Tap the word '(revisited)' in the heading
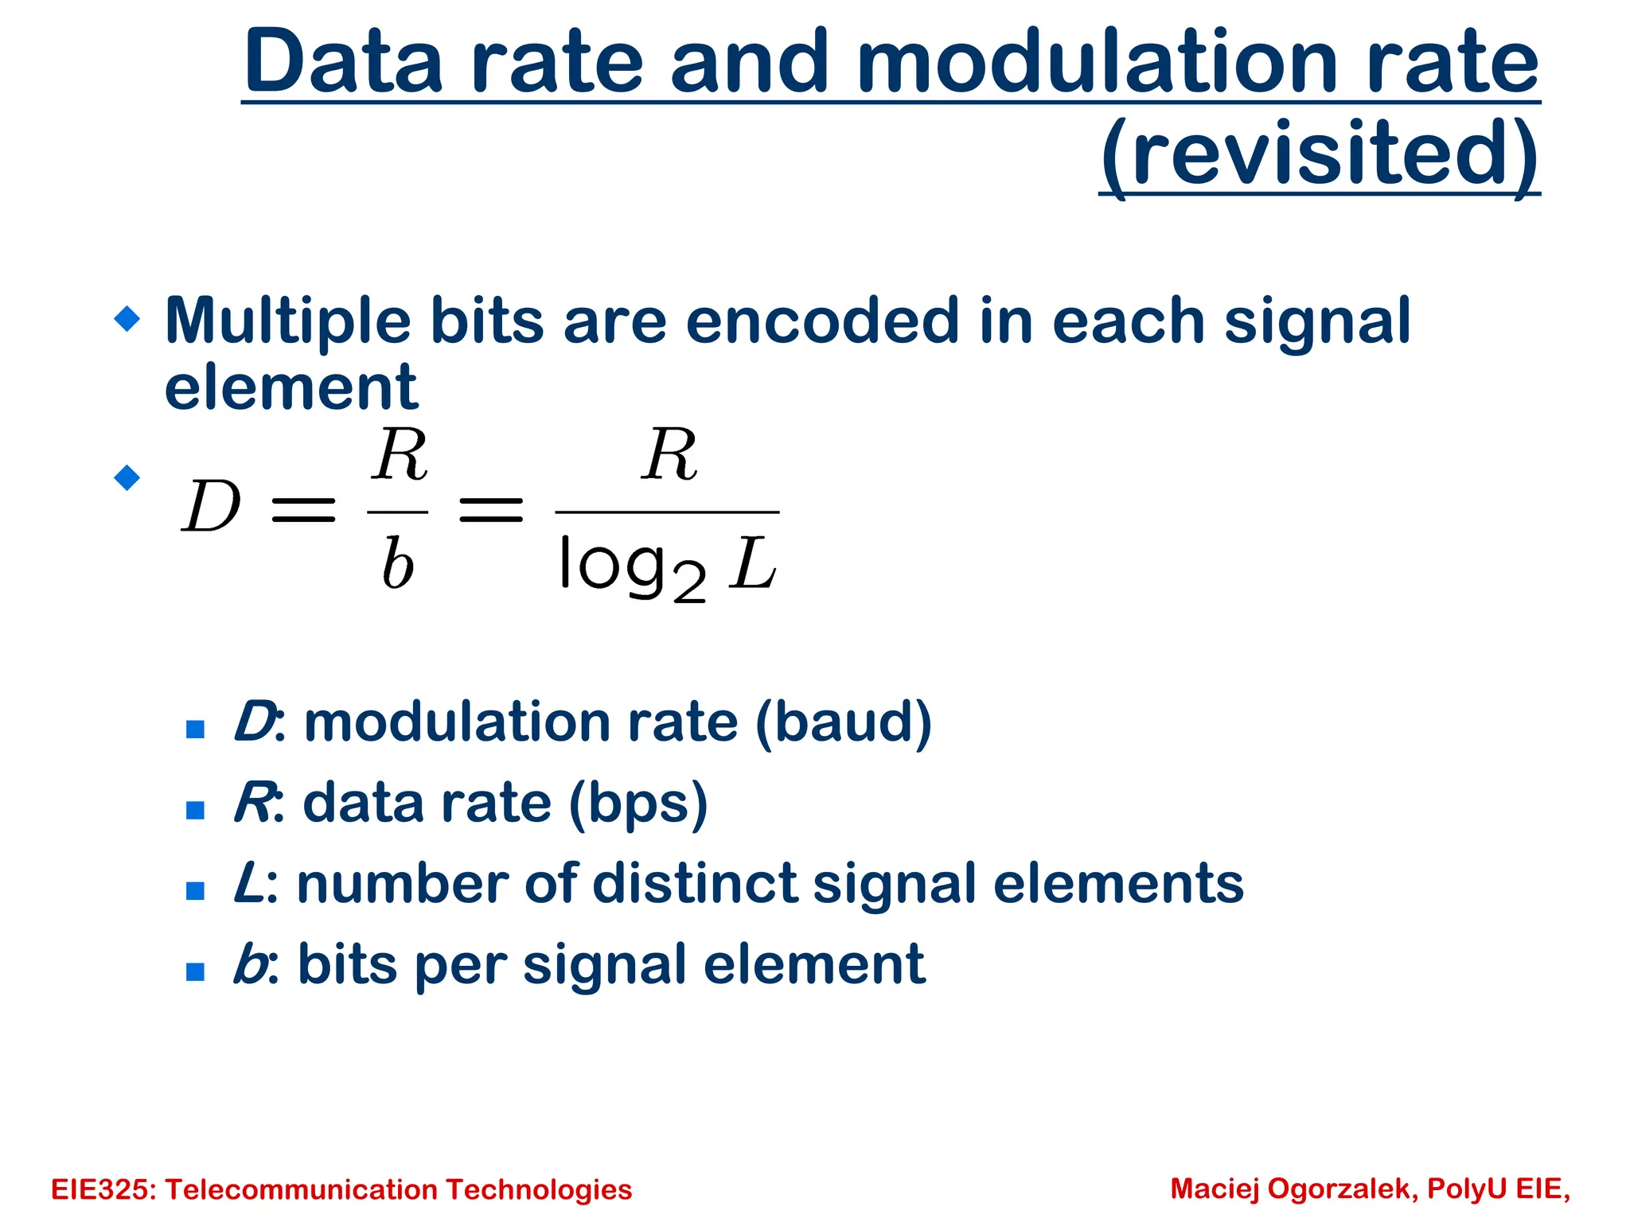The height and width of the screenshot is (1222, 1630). [x=1320, y=153]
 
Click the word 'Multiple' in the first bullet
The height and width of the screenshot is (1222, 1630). [x=287, y=322]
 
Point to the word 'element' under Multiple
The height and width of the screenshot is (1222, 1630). [x=291, y=387]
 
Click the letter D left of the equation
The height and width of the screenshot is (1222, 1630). [x=211, y=507]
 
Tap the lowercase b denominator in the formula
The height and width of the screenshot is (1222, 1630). [x=397, y=563]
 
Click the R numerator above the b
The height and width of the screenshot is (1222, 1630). [x=400, y=455]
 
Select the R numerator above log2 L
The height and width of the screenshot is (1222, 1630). [x=669, y=455]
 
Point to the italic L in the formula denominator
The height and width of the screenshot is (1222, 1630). [x=752, y=563]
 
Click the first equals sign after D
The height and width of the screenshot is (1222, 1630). [x=303, y=510]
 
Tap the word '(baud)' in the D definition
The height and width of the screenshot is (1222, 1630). [x=843, y=722]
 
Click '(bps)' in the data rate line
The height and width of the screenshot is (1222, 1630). [x=638, y=804]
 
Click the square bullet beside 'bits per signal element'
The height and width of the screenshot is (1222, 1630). [x=195, y=971]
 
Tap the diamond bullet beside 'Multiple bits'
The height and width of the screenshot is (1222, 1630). [x=127, y=319]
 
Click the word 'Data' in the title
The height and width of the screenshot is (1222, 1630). [x=343, y=62]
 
